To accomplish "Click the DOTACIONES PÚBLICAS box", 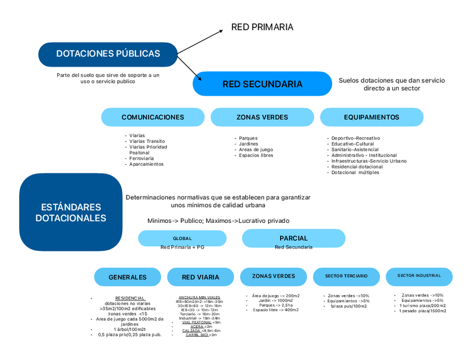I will point(108,54).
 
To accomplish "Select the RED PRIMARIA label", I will point(262,27).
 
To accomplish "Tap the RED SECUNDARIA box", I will point(262,84).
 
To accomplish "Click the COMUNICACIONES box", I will point(152,117).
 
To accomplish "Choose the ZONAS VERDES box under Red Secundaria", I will point(262,117).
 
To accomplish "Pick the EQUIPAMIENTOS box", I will point(371,117).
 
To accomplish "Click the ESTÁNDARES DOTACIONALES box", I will point(71,212).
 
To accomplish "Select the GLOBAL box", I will point(182,238).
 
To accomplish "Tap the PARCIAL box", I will point(294,238).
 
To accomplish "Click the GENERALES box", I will point(127,277).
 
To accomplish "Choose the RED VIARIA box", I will point(201,277).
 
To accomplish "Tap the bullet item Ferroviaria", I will point(141,158).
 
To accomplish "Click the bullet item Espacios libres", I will point(256,155).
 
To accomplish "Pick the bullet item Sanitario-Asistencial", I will point(355,149).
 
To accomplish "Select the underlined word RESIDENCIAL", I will point(130,298).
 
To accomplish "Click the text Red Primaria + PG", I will point(182,247).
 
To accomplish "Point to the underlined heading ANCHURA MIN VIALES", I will point(199,297).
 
